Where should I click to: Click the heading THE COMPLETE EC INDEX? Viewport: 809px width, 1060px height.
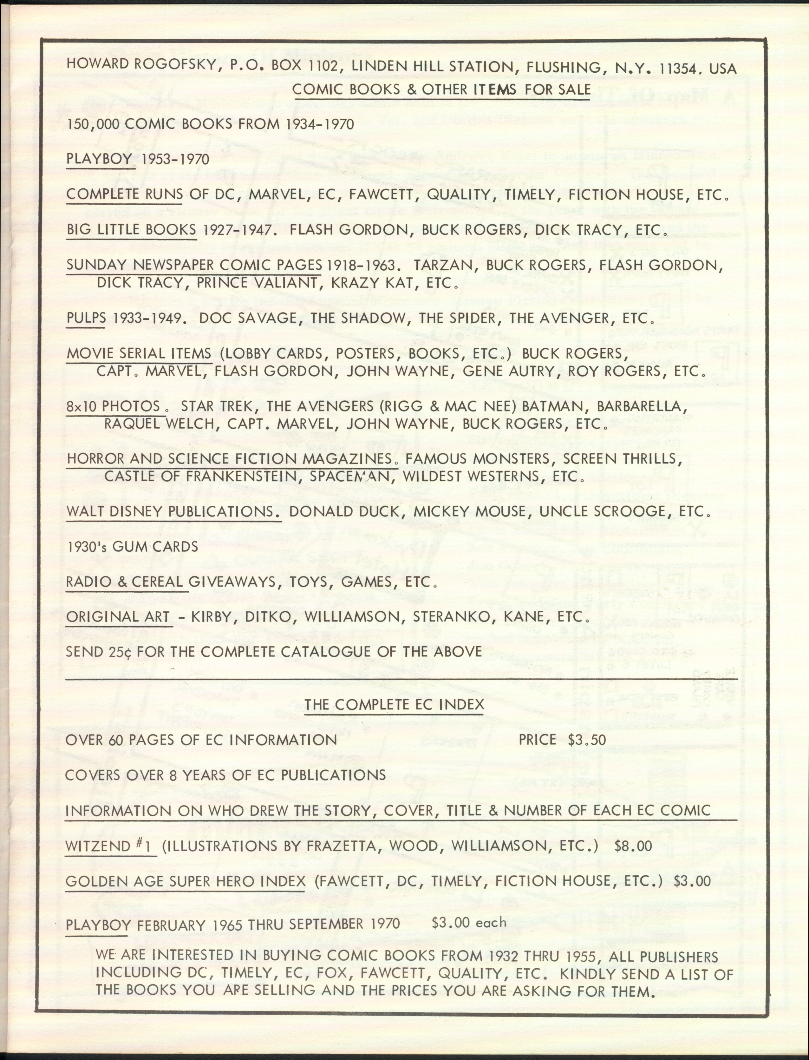pyautogui.click(x=394, y=704)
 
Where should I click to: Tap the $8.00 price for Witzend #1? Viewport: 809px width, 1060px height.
pyautogui.click(x=633, y=846)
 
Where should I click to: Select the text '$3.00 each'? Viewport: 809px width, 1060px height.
pyautogui.click(x=469, y=922)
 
